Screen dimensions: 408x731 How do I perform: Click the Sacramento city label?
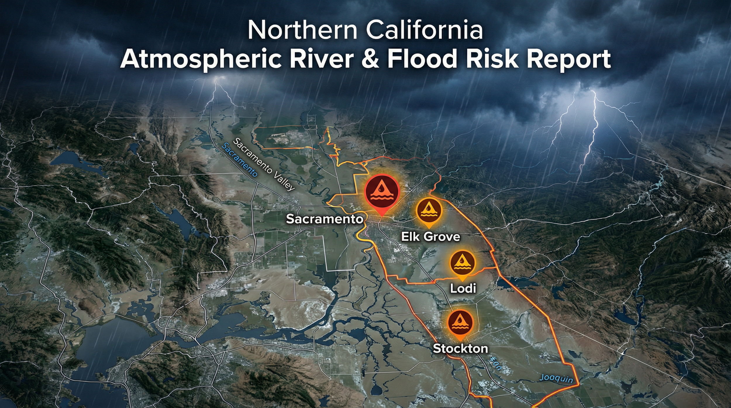[x=324, y=219]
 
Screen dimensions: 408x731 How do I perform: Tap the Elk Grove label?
[x=430, y=237]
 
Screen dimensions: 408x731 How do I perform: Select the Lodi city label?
[x=463, y=288]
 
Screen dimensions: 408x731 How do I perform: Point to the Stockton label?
[x=460, y=348]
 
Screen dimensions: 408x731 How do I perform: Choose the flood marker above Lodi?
[x=463, y=263]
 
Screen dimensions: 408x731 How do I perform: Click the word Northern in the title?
[x=302, y=30]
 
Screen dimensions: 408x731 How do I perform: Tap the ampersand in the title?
[x=370, y=59]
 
